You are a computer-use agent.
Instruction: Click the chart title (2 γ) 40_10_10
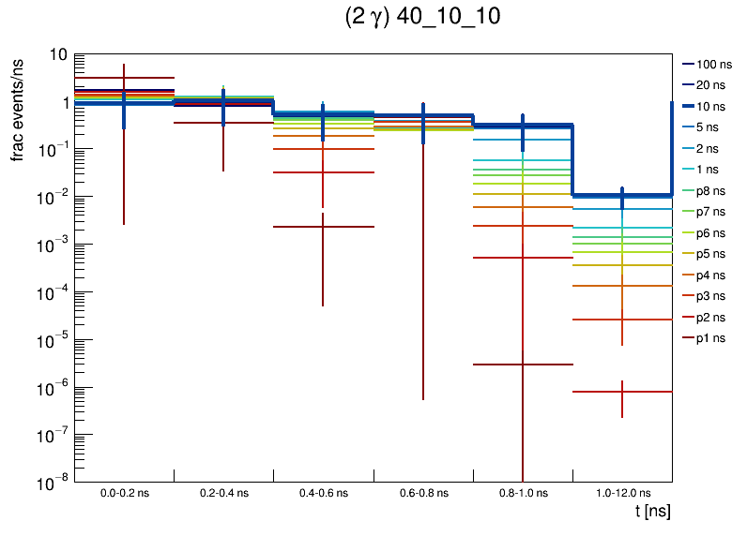[422, 18]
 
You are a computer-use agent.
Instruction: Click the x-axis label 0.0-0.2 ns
[124, 493]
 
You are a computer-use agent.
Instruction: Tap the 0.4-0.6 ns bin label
[323, 493]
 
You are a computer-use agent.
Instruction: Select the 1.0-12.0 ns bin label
[621, 493]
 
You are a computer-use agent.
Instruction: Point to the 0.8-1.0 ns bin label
[522, 493]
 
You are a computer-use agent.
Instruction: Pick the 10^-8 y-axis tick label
[53, 484]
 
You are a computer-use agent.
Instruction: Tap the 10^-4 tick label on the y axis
[53, 293]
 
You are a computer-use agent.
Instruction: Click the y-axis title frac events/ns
[18, 109]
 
